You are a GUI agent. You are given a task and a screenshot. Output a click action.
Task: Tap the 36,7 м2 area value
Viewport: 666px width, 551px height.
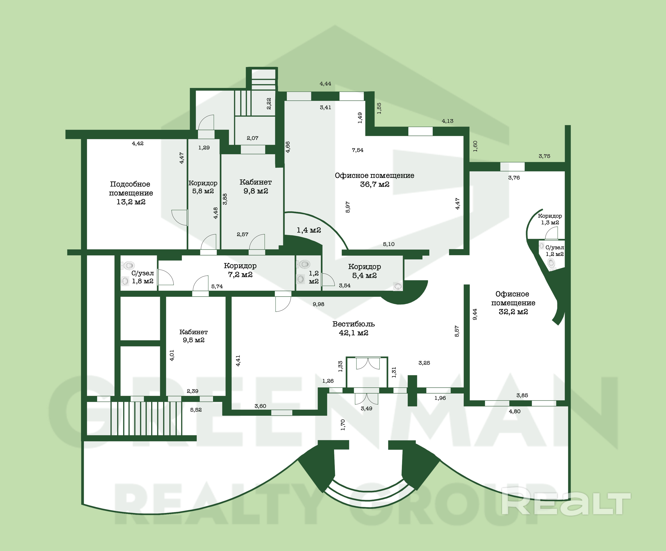375,184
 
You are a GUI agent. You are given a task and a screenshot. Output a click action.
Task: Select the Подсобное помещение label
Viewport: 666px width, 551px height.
131,189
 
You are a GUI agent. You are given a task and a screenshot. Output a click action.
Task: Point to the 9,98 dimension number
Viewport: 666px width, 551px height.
318,304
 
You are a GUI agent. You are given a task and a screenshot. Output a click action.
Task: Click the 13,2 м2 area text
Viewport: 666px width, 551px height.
131,202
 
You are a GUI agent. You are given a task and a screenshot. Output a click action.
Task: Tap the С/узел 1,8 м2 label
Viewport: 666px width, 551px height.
143,277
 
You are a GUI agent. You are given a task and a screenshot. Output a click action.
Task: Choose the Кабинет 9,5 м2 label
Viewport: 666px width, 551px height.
193,336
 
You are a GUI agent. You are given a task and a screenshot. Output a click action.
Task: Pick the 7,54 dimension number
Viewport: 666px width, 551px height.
357,150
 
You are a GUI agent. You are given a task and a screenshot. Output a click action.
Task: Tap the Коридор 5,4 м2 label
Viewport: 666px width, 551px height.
364,271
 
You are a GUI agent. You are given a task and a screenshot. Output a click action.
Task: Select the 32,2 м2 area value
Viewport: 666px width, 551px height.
513,312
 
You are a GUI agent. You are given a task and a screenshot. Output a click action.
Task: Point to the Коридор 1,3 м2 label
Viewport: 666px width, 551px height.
550,219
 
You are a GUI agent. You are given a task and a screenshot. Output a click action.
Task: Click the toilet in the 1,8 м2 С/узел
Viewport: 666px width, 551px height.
128,265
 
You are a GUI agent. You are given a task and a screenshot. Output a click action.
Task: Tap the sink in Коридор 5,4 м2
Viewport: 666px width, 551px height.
398,286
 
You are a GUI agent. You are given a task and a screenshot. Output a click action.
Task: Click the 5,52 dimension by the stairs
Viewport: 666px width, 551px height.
196,410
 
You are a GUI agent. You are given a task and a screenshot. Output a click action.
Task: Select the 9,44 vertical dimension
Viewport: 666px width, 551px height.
475,314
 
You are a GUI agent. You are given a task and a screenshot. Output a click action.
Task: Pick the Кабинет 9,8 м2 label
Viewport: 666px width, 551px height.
256,187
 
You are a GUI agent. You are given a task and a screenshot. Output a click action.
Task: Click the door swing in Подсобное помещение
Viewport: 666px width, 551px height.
179,217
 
